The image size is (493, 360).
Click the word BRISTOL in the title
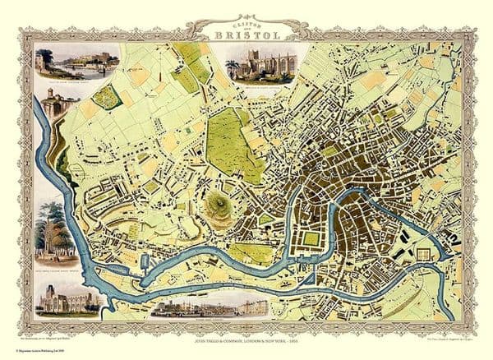click(x=246, y=35)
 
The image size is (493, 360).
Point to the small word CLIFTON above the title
click(x=246, y=23)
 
